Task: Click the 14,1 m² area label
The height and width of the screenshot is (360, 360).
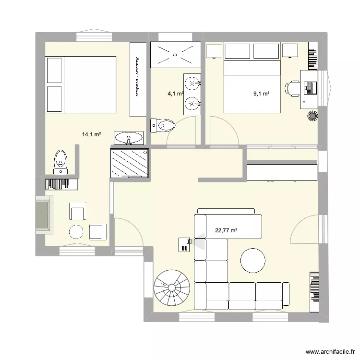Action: pyautogui.click(x=91, y=135)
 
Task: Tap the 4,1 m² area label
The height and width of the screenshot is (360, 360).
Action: pyautogui.click(x=175, y=94)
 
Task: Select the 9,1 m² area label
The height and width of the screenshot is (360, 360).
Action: pyautogui.click(x=261, y=94)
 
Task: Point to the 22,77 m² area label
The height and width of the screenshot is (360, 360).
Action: pyautogui.click(x=226, y=231)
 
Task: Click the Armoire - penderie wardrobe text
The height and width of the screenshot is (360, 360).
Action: pyautogui.click(x=137, y=78)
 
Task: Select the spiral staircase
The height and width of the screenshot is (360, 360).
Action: pyautogui.click(x=172, y=288)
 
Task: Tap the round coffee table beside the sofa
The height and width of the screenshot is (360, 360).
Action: pyautogui.click(x=252, y=261)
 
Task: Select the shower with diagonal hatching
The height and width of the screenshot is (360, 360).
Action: pyautogui.click(x=130, y=163)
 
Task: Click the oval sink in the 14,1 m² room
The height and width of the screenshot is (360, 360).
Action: pyautogui.click(x=129, y=138)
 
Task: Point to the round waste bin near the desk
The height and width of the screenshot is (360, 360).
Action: pyautogui.click(x=313, y=116)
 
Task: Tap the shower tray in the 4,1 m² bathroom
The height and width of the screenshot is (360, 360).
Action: pyautogui.click(x=175, y=54)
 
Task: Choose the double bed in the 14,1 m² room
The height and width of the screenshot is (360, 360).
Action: pyautogui.click(x=81, y=84)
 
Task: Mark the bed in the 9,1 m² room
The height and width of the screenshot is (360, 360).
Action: pyautogui.click(x=252, y=86)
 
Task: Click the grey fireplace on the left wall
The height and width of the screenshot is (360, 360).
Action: pyautogui.click(x=43, y=215)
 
